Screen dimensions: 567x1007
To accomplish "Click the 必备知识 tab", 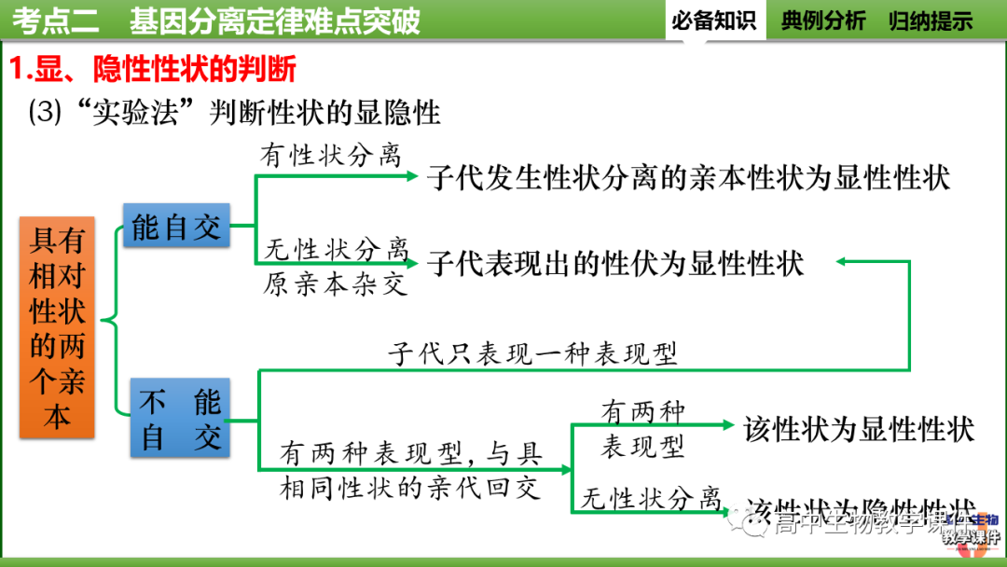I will pyautogui.click(x=714, y=21).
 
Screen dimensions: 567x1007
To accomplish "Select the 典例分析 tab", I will pyautogui.click(x=823, y=21).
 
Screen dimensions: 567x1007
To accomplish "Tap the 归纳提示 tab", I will pyautogui.click(x=931, y=21).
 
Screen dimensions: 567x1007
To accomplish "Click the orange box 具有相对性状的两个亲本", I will pyautogui.click(x=57, y=326).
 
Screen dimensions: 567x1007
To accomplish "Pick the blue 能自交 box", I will pyautogui.click(x=176, y=225).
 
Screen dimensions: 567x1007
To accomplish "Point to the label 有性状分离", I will pyautogui.click(x=331, y=156).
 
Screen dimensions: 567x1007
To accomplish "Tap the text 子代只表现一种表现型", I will pyautogui.click(x=532, y=354).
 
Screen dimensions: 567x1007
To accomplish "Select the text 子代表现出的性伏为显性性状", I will pyautogui.click(x=615, y=263).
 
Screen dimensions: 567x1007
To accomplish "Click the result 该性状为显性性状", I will pyautogui.click(x=859, y=429).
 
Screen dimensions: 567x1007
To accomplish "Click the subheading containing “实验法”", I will pyautogui.click(x=234, y=113).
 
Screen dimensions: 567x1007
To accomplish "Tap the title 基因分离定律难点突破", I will pyautogui.click(x=275, y=21).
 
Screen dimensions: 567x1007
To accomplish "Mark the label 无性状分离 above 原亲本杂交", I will pyautogui.click(x=335, y=249).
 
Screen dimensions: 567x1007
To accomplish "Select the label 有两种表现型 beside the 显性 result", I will pyautogui.click(x=642, y=428).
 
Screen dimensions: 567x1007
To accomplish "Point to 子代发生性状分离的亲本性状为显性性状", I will pyautogui.click(x=688, y=177).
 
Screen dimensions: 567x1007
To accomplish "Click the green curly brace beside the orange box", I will pyautogui.click(x=111, y=323).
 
